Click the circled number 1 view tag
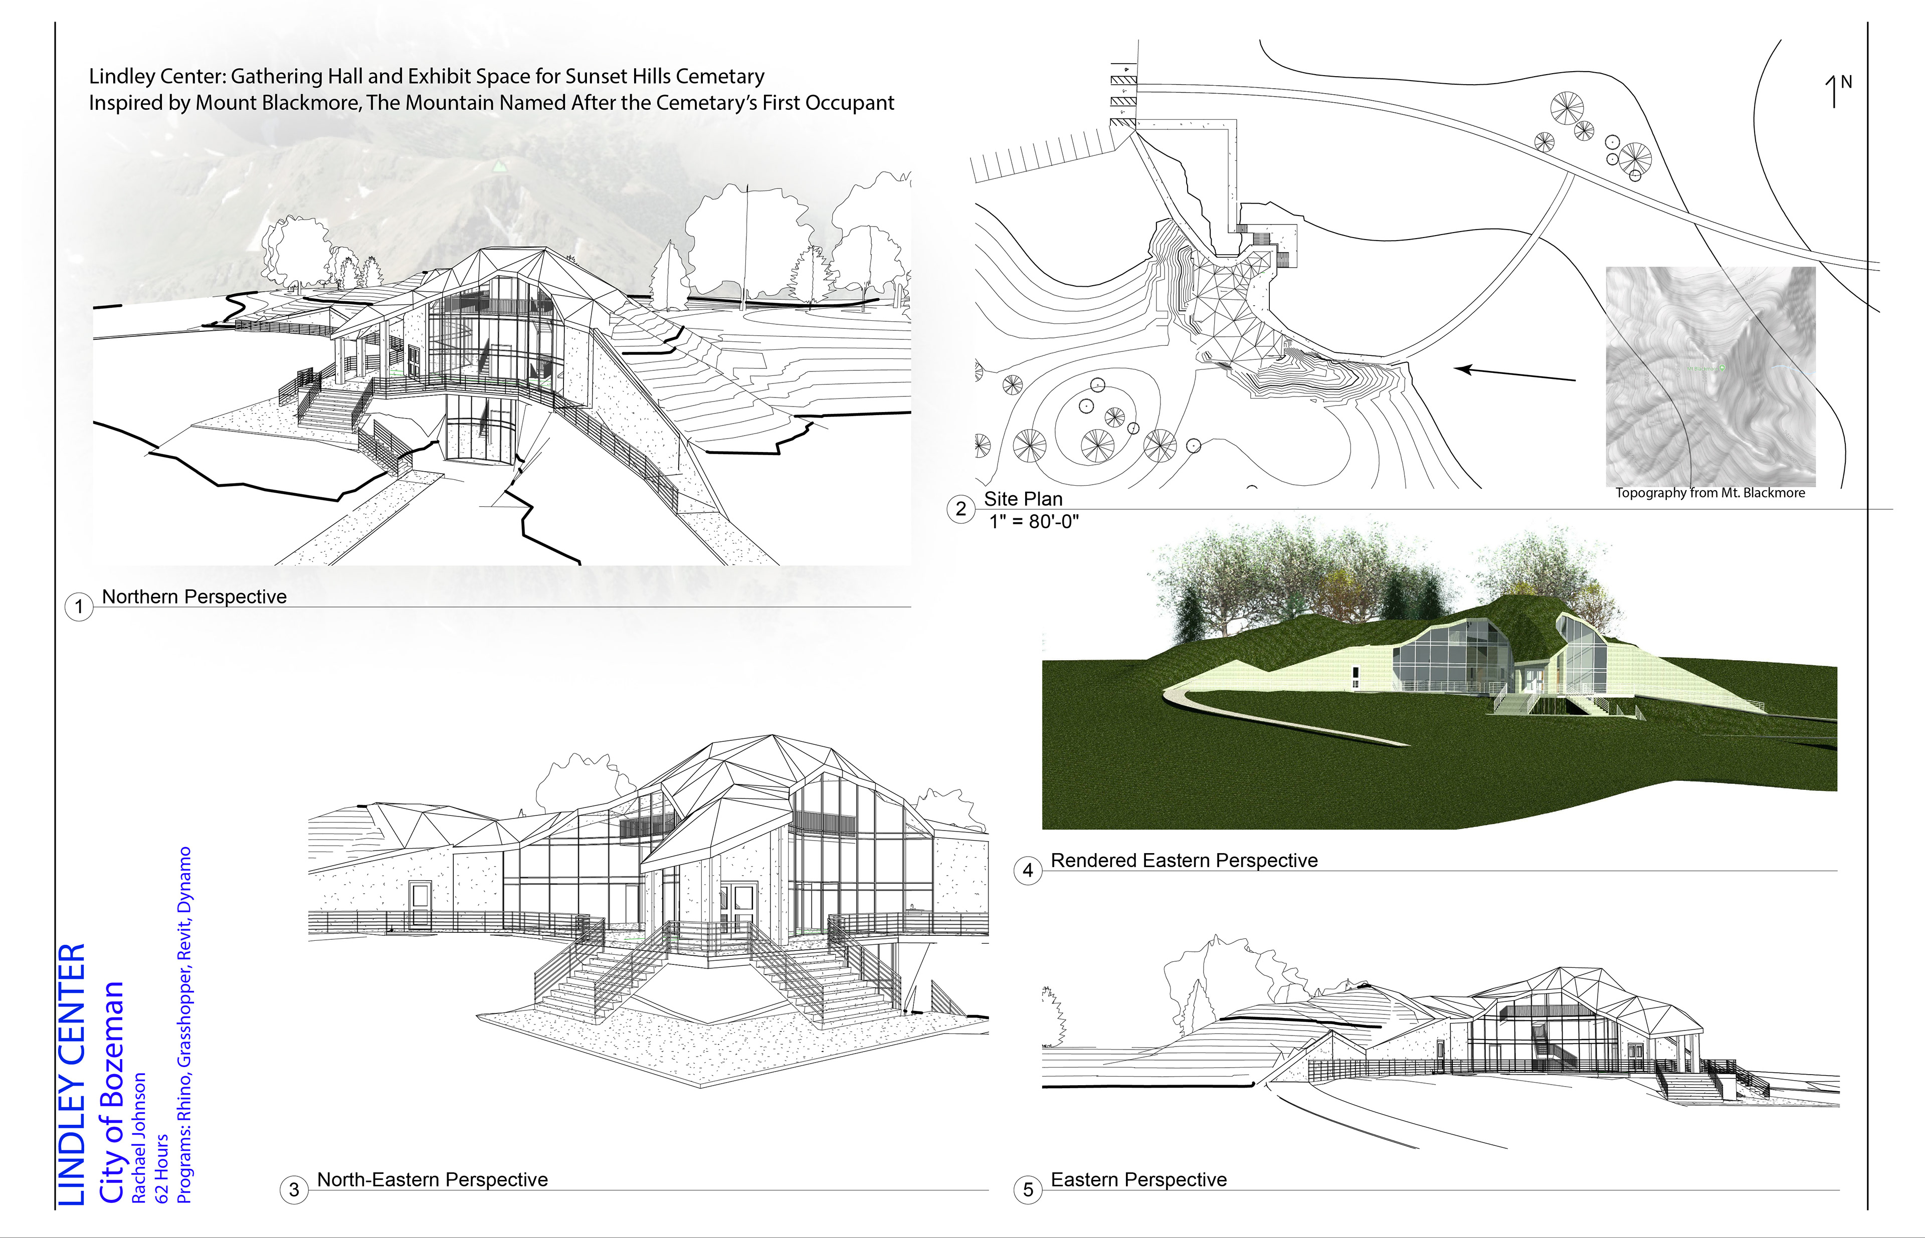tap(79, 606)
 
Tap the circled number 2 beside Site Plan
tap(961, 509)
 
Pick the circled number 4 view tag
tap(1028, 871)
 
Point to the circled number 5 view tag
tap(1028, 1189)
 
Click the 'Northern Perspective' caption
tap(194, 596)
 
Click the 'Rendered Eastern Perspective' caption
tap(1184, 860)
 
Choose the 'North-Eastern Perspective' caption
tap(432, 1179)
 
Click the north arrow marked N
tap(1837, 91)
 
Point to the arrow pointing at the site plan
tap(1516, 374)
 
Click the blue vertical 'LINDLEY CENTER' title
tap(72, 1074)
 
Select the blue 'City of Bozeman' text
tap(112, 1092)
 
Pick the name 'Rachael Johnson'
tap(139, 1138)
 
